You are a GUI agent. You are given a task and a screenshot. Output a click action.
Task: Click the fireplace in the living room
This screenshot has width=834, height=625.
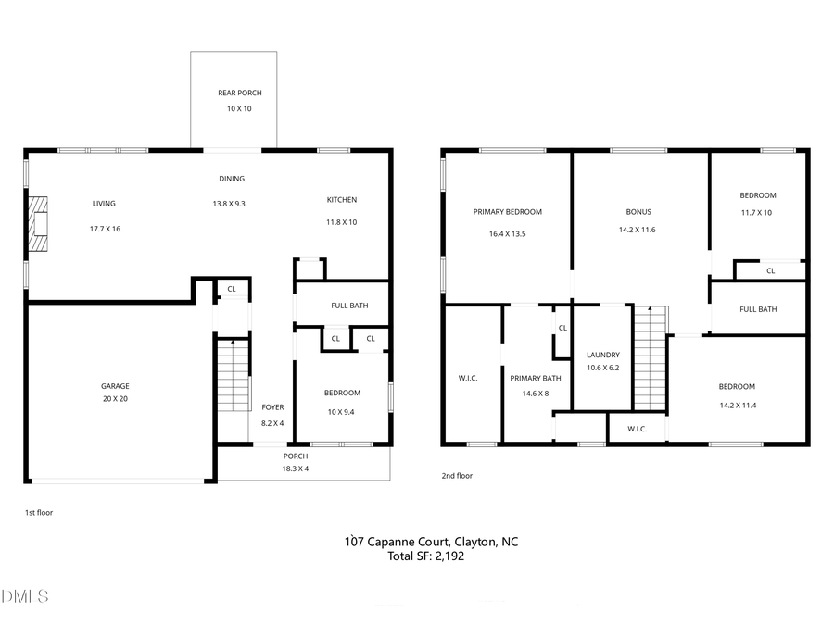[x=36, y=224]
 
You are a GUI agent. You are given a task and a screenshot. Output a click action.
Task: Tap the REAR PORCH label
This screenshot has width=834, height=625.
[x=239, y=93]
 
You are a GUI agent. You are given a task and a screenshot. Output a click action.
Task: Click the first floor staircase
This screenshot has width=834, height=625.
[x=233, y=377]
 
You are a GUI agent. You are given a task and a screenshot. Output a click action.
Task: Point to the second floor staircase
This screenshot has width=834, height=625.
[x=650, y=358]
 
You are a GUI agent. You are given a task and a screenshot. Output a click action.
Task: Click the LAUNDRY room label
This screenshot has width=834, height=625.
[x=602, y=355]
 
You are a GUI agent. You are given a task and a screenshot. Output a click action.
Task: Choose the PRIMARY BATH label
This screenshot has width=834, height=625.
[x=536, y=378]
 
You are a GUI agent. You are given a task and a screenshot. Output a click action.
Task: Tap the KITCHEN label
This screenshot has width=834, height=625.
[x=341, y=200]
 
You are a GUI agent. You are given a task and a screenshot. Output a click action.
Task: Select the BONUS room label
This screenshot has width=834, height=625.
[x=639, y=211]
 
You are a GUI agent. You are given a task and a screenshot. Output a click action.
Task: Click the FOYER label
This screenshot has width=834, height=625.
[x=272, y=407]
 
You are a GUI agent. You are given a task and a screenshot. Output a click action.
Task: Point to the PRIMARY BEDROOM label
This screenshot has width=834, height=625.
[x=507, y=211]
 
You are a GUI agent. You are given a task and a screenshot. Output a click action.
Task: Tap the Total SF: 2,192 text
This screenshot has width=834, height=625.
[x=426, y=556]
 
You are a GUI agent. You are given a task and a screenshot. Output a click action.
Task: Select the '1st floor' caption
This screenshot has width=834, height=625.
[x=38, y=512]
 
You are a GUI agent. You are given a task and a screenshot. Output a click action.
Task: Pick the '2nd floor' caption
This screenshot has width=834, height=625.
[x=457, y=476]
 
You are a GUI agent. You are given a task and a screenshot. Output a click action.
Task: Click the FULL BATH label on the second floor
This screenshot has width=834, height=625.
[x=757, y=309]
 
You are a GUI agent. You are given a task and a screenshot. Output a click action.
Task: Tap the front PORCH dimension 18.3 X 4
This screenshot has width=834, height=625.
[x=296, y=469]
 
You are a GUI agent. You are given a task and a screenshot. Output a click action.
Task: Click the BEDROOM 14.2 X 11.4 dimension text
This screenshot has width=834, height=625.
[x=737, y=405]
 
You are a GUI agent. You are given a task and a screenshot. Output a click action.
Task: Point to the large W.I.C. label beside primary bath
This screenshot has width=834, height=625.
[x=468, y=378]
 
